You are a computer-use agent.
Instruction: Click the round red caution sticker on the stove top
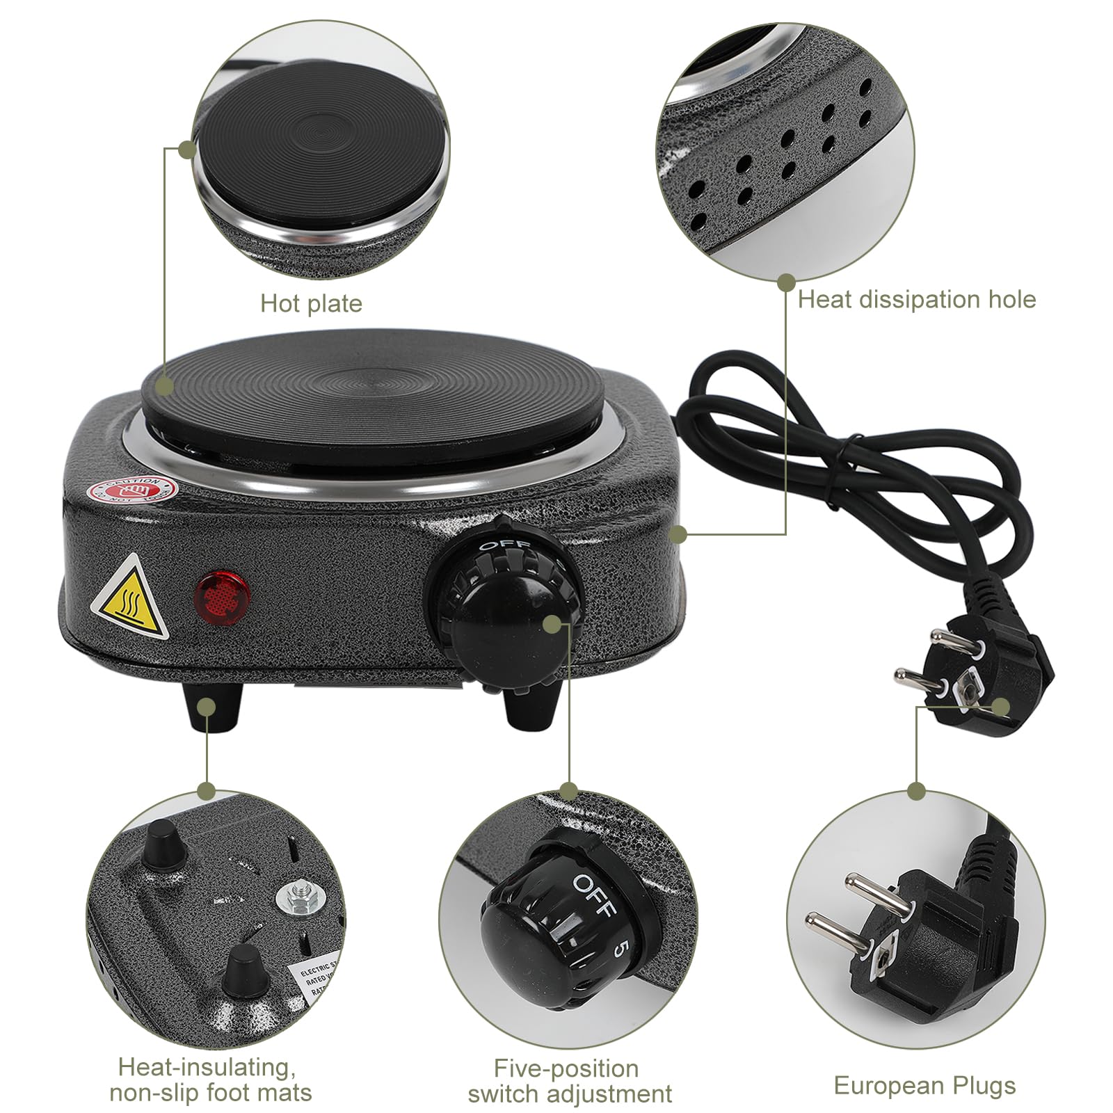coord(131,490)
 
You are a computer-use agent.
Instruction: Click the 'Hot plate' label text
coord(311,304)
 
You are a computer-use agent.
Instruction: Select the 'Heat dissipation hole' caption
coord(916,300)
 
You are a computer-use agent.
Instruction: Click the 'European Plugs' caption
coord(924,1085)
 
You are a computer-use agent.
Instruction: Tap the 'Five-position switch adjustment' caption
coord(569,1081)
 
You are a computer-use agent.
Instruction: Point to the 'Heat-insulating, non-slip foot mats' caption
coord(210,1080)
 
